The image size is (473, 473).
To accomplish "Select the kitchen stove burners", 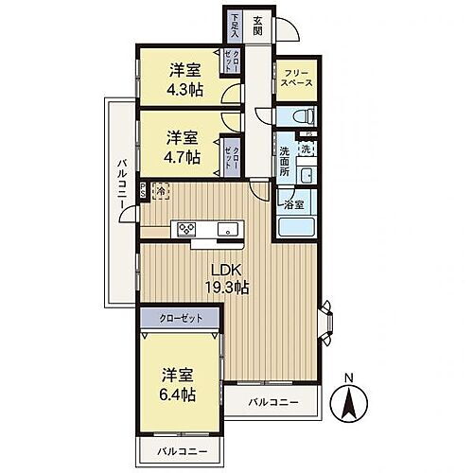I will (185, 229).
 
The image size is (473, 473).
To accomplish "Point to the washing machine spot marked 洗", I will (305, 150).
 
